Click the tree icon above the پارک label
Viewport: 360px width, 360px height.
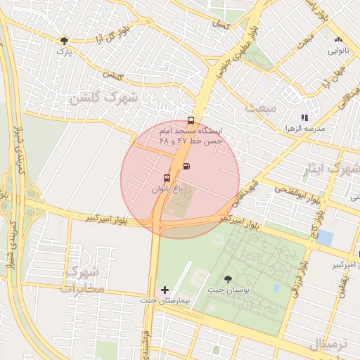pos(65,41)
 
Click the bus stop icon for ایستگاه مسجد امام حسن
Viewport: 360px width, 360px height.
pos(191,120)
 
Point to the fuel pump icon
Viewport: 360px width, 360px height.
pos(186,166)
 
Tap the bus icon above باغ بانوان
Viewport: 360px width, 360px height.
pos(167,178)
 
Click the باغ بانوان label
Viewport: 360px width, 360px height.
pos(167,189)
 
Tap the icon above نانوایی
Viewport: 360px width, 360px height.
pos(339,40)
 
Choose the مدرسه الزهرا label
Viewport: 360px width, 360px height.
pos(323,129)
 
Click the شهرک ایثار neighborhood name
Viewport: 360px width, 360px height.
pos(335,169)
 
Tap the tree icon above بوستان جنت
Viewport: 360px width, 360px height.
pos(226,279)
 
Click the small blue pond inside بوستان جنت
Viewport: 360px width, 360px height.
pos(276,288)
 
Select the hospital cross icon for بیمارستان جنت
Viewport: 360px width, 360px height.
pos(165,290)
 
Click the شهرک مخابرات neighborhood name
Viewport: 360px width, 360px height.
pos(82,279)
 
